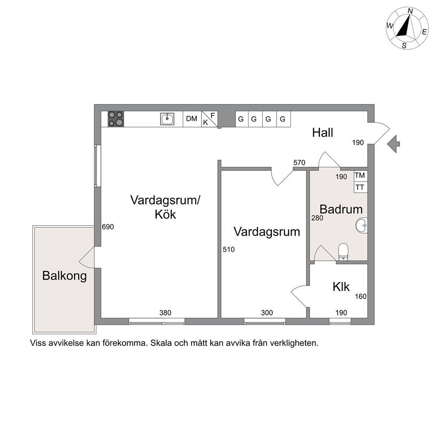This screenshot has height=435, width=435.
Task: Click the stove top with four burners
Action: tap(116, 119)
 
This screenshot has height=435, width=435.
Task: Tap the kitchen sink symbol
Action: tap(167, 119)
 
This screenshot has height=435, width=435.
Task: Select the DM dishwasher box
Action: tap(192, 119)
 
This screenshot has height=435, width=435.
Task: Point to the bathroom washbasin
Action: tap(362, 225)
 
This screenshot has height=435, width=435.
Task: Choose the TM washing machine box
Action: tap(361, 176)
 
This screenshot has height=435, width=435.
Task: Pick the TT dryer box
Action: tap(361, 187)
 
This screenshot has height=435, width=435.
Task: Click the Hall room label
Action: tap(323, 133)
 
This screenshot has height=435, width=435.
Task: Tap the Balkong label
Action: tap(65, 276)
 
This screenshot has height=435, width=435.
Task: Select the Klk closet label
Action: tap(341, 287)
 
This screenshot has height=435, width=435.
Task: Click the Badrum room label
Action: tap(341, 209)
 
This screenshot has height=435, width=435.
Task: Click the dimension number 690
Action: tap(107, 227)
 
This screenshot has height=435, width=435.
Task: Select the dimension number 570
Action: tap(299, 163)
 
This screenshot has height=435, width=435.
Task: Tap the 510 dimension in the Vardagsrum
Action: tap(229, 249)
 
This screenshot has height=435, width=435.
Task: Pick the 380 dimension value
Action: tap(165, 313)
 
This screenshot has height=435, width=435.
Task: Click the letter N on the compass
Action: tap(410, 11)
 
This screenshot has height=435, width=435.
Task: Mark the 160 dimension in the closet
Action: tap(361, 297)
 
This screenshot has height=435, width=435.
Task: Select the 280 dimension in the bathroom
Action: tap(317, 218)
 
